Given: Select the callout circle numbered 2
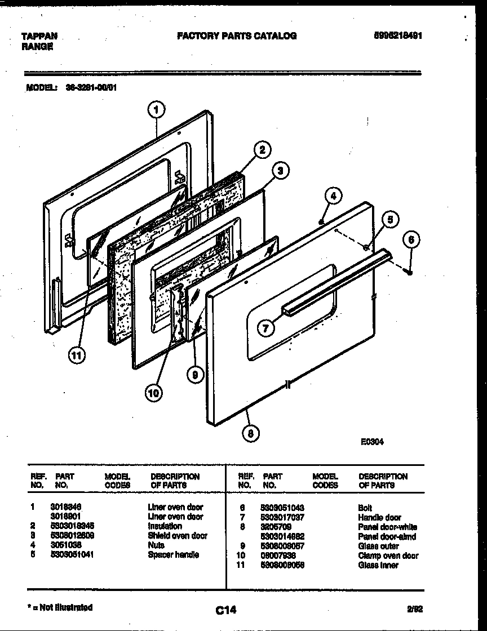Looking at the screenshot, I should (x=261, y=150).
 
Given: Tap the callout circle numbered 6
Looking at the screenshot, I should (x=411, y=239).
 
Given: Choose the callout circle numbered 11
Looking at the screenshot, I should (x=77, y=355).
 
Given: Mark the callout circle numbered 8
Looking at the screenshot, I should (x=251, y=433).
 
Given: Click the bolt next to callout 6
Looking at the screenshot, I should (x=409, y=272).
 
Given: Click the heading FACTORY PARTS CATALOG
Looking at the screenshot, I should (x=237, y=36).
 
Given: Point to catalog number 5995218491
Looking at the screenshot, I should (x=399, y=36).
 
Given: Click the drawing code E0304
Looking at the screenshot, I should (x=372, y=442).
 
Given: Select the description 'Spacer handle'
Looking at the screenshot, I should (x=173, y=555).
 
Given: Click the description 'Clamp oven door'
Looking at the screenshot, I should (x=388, y=556).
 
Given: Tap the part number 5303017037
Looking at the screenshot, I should (x=283, y=517).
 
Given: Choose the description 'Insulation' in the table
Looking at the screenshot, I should (x=165, y=526).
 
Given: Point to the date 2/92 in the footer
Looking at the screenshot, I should (x=414, y=608).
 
